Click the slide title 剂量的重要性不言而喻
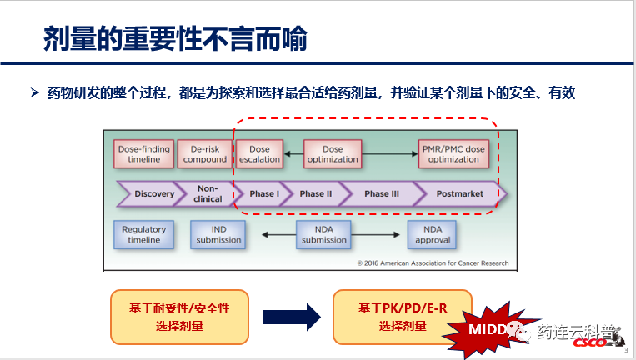pos(175,39)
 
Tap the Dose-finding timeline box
pos(143,154)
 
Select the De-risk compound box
pos(204,154)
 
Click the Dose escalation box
pos(259,154)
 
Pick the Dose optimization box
pos(333,154)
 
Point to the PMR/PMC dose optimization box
pos(453,154)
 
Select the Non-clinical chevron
pos(208,194)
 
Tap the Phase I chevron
pos(263,194)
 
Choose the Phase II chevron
pos(316,194)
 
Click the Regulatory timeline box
pos(143,234)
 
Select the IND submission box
pos(218,234)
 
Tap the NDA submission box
pos(324,234)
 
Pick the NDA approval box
pos(432,234)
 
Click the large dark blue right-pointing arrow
pos(291,317)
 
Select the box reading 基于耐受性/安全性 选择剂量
pos(179,317)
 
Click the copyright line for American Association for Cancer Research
pos(432,263)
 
